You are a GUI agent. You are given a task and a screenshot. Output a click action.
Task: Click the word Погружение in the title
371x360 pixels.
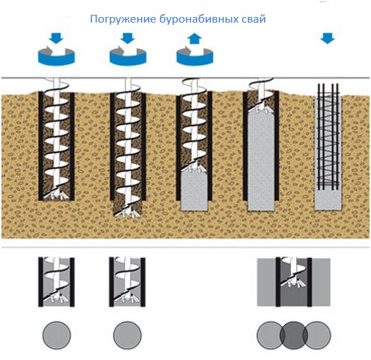pos(123,19)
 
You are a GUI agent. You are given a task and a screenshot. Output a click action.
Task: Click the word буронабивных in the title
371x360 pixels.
pos(199,19)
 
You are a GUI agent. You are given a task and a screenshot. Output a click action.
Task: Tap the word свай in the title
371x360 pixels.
pos(253,19)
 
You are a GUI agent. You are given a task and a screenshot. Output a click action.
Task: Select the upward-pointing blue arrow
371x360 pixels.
pos(195,39)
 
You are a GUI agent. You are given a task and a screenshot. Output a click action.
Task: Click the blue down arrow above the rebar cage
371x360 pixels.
pos(328,38)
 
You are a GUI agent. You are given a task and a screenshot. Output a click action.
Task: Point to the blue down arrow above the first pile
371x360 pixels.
pos(57,38)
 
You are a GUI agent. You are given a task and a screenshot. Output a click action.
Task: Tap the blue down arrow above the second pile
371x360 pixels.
pos(127,38)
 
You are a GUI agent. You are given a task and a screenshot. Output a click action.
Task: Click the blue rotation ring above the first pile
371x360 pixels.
pos(57,57)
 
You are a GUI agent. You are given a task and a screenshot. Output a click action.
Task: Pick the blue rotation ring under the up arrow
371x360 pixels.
pos(195,57)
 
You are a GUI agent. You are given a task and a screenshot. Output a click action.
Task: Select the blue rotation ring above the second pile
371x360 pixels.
pos(128,57)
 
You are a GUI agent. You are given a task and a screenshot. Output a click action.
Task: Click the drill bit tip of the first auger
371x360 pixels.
pos(57,194)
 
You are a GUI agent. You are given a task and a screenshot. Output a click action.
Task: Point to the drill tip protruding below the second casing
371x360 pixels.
pos(127,212)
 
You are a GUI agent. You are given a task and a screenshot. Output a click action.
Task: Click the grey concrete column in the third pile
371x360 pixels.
pos(194,188)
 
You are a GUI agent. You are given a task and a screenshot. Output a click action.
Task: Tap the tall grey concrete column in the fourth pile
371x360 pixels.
pos(261,161)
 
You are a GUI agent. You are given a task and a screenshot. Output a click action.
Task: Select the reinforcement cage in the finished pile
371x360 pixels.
pos(329,137)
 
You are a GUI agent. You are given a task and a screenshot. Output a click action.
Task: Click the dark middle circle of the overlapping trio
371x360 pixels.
pos(294,335)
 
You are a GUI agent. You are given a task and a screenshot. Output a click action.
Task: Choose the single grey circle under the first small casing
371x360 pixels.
pos(57,335)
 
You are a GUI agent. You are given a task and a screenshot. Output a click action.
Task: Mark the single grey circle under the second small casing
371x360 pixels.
pos(127,335)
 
